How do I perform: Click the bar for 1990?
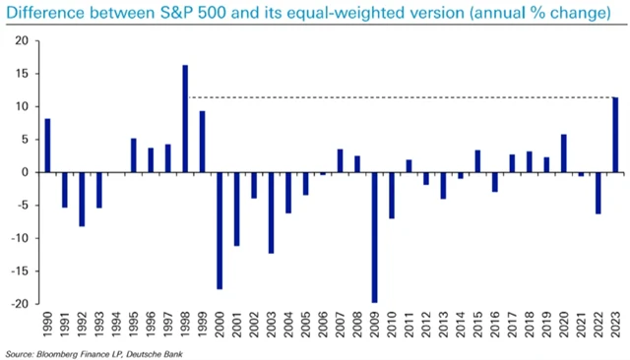point(47,146)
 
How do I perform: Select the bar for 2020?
point(563,153)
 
